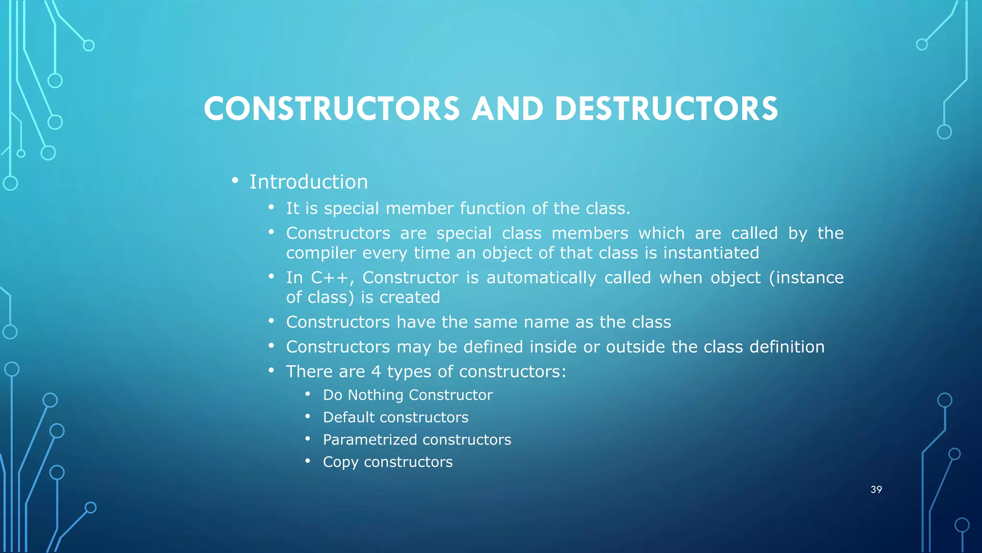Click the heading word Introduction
click(x=308, y=182)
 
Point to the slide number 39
click(x=876, y=490)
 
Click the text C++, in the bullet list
click(x=332, y=278)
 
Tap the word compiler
click(x=321, y=253)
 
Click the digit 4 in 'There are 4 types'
click(x=376, y=372)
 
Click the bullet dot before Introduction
click(x=234, y=180)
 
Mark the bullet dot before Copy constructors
click(x=308, y=461)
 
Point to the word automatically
click(x=541, y=278)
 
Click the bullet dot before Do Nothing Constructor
click(x=308, y=394)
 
